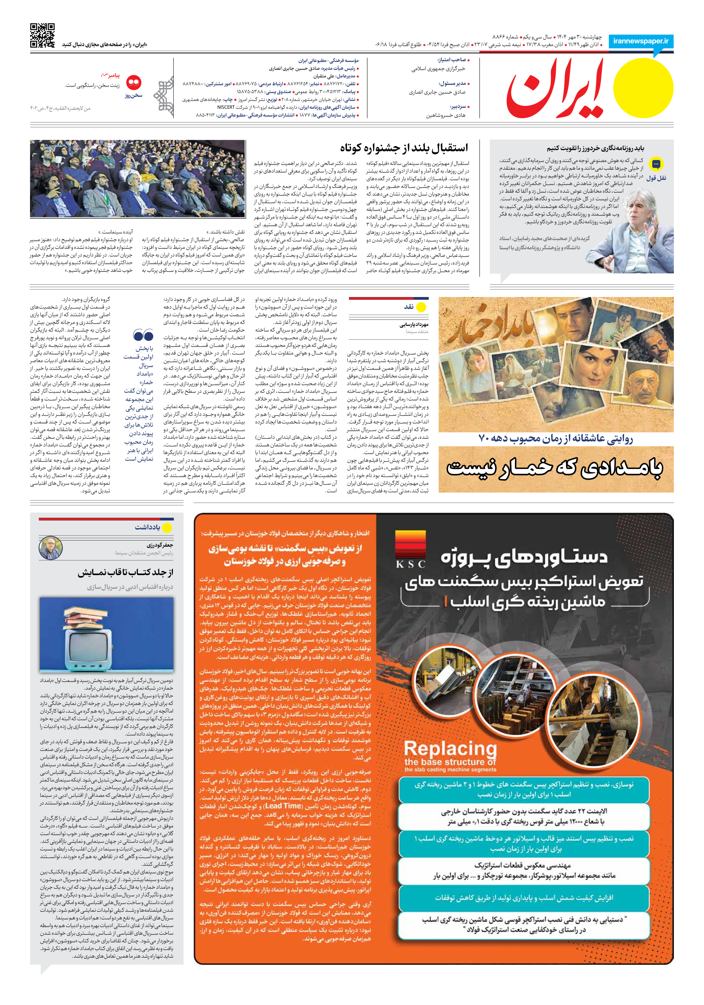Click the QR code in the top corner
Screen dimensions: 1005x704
43,35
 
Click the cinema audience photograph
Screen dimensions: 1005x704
137,179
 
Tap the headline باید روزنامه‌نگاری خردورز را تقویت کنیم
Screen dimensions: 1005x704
595,148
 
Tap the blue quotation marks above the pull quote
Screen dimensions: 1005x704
143,336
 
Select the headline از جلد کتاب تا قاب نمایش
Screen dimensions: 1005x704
125,572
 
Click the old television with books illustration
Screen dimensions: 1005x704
106,634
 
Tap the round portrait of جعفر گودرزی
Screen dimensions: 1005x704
50,549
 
